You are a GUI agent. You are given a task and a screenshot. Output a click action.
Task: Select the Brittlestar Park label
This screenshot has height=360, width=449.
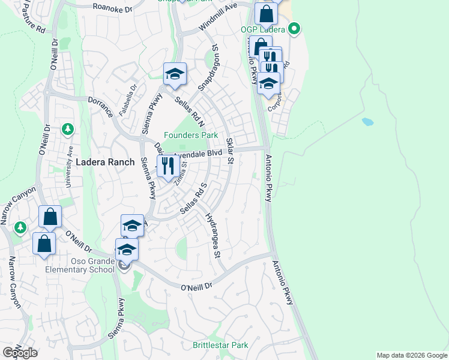pyautogui.click(x=220, y=345)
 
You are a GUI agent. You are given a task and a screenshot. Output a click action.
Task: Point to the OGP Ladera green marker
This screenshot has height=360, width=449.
pyautogui.click(x=294, y=28)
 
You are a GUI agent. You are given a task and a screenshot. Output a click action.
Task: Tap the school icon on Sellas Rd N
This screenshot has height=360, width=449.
pyautogui.click(x=175, y=74)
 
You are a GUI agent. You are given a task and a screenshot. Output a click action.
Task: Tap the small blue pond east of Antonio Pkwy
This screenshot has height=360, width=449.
pyautogui.click(x=367, y=122)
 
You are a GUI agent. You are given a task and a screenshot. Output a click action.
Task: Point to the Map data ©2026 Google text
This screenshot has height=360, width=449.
pyautogui.click(x=412, y=355)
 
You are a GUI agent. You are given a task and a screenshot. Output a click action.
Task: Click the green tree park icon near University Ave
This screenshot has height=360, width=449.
pyautogui.click(x=68, y=129)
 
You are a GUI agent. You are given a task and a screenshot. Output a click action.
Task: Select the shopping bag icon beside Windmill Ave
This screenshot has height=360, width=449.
pyautogui.click(x=265, y=13)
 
